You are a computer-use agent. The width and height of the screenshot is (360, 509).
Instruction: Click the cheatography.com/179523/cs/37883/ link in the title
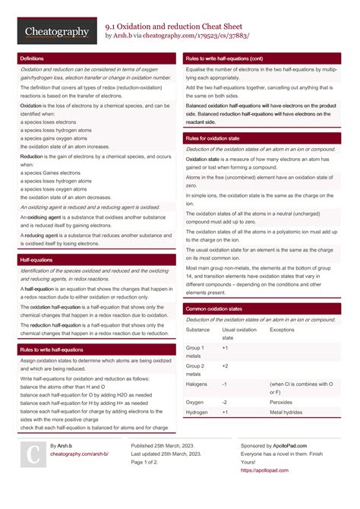point(196,36)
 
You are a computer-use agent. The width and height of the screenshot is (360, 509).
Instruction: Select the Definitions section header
point(32,58)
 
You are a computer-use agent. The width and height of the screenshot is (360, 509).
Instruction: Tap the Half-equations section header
point(36,260)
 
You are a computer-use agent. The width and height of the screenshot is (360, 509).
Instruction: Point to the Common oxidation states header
point(215,308)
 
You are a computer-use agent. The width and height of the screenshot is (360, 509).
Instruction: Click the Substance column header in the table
point(197,330)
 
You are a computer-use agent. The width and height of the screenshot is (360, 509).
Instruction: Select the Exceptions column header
point(282,330)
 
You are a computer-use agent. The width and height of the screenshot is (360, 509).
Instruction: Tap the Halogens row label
point(196,384)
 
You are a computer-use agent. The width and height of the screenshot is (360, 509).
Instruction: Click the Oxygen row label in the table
point(194,402)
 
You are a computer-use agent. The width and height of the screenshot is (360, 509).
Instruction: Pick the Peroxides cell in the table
point(281,402)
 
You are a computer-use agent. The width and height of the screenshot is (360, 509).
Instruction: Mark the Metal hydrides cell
point(286,412)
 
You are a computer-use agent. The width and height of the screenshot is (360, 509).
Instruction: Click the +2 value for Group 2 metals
point(225,365)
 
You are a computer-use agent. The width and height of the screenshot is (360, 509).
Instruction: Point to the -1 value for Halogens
point(224,384)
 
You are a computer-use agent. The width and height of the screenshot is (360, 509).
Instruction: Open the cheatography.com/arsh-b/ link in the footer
point(79,454)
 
